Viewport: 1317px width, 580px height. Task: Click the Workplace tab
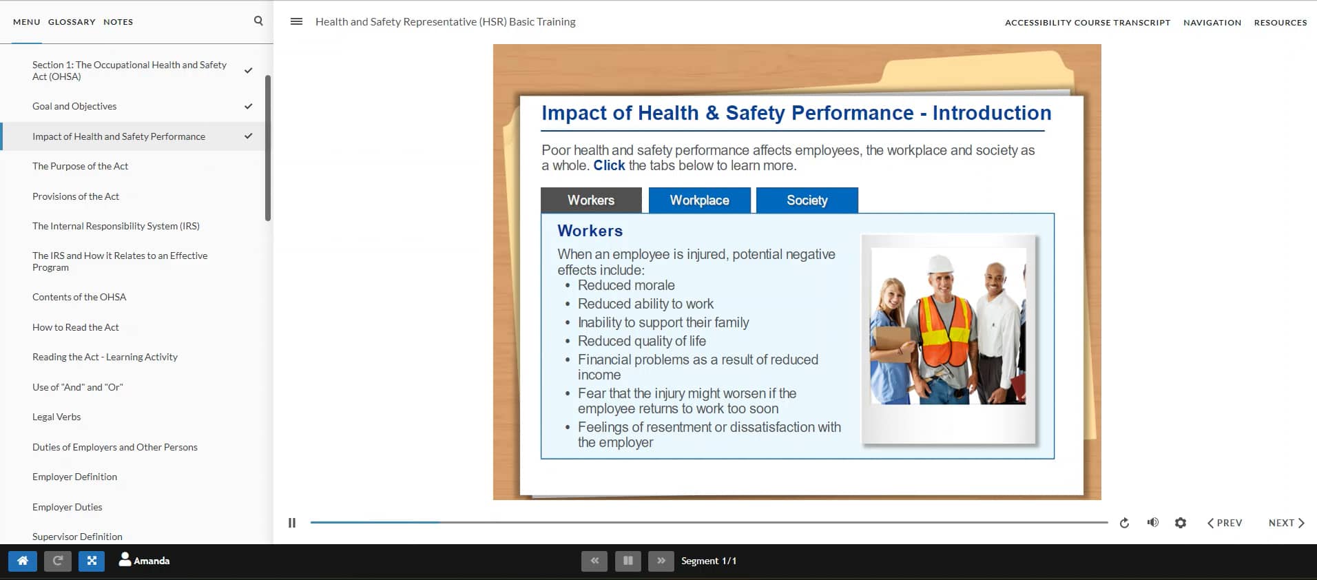click(x=699, y=200)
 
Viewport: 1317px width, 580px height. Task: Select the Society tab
click(x=807, y=200)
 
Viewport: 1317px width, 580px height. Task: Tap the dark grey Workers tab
click(x=590, y=200)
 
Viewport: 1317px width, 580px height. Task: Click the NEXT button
click(x=1285, y=523)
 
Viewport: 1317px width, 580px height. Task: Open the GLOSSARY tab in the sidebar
click(x=72, y=22)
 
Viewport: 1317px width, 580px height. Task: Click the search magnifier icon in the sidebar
click(x=258, y=21)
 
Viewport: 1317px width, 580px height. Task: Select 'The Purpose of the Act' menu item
click(x=80, y=166)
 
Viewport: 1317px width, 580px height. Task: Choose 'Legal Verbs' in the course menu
click(x=56, y=417)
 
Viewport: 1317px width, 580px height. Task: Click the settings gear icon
click(x=1180, y=523)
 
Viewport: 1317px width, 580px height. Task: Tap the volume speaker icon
click(x=1152, y=523)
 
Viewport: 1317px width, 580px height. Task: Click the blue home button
click(x=23, y=561)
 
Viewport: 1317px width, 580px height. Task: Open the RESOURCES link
click(x=1280, y=23)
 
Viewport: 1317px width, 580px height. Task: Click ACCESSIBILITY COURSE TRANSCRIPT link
click(x=1087, y=23)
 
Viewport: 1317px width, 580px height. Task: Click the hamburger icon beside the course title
click(x=296, y=21)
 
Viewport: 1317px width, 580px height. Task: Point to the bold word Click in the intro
click(x=609, y=165)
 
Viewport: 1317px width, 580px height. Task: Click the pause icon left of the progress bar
click(x=292, y=523)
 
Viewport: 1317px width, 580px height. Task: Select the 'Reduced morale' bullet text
click(x=625, y=285)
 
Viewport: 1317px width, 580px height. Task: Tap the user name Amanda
click(x=151, y=561)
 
